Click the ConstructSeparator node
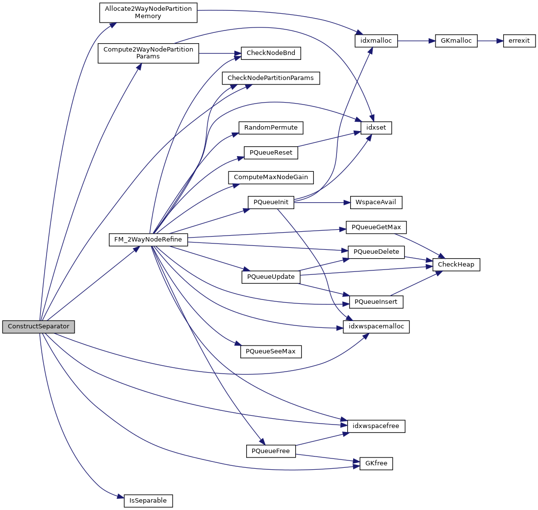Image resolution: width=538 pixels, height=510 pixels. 38,327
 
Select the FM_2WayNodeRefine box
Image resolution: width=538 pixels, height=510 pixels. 148,240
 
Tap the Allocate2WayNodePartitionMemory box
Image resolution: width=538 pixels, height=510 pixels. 148,12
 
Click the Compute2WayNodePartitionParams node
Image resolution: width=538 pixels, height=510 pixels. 148,53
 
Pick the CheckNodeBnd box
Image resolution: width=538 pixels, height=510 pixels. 270,53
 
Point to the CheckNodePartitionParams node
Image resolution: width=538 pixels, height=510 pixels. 271,78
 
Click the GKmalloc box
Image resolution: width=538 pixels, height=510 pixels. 456,41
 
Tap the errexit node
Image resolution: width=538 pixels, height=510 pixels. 519,41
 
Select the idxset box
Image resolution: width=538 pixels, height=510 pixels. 376,128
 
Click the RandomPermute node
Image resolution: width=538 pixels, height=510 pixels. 271,128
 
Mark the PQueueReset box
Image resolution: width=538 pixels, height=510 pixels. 271,152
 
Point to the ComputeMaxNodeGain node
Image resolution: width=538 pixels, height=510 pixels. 271,177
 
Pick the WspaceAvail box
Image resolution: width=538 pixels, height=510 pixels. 376,202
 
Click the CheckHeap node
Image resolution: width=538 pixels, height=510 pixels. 456,265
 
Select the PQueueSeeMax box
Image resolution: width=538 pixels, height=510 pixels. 271,351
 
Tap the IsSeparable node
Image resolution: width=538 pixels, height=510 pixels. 148,501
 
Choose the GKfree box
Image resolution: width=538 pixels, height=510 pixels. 376,463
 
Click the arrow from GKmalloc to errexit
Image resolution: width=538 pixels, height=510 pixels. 490,41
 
